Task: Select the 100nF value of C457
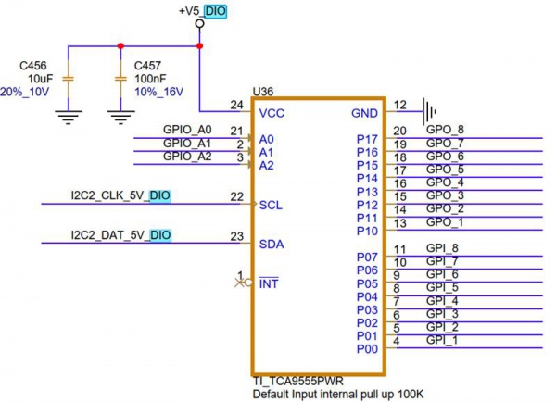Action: tap(152, 79)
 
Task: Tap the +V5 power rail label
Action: tap(189, 11)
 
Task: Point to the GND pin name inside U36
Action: tap(364, 112)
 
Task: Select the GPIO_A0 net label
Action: tap(188, 130)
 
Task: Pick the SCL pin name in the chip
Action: tap(271, 205)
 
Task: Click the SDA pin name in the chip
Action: tap(272, 244)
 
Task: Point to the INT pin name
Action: tap(269, 283)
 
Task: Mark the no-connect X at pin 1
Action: tap(239, 283)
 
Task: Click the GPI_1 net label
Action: tap(441, 341)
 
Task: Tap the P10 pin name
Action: tap(367, 231)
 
